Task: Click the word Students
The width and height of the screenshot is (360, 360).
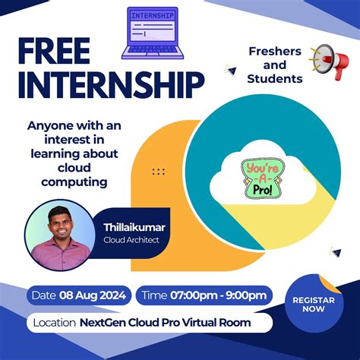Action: [x=275, y=78]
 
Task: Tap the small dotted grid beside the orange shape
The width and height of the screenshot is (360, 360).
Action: [x=158, y=172]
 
